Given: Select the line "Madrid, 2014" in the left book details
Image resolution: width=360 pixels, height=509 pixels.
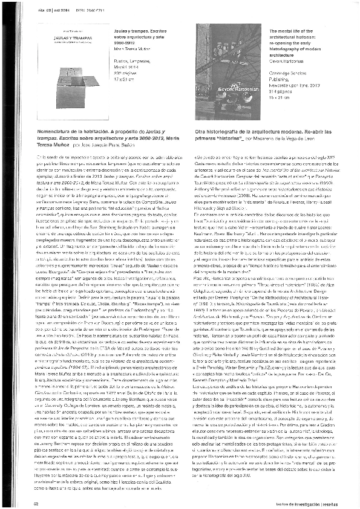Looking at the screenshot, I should click(128, 70).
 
